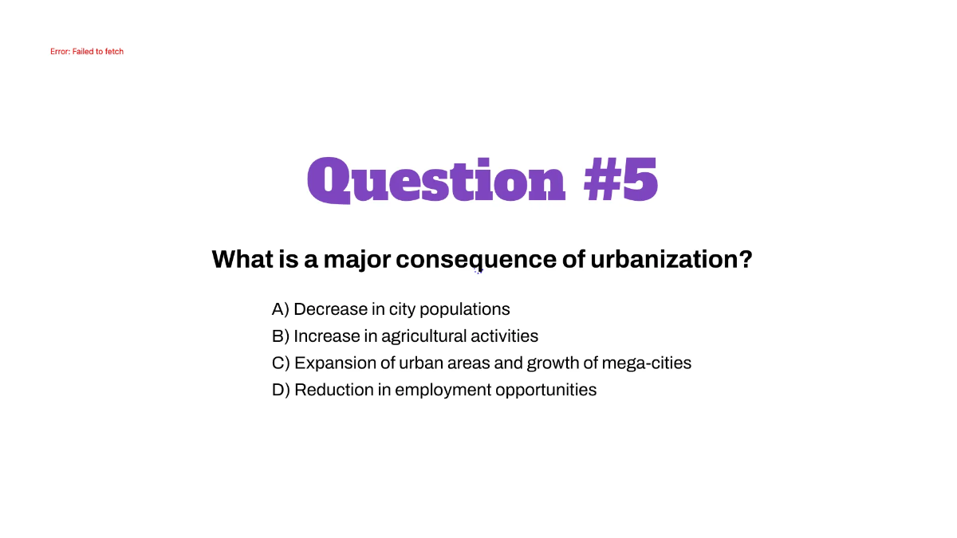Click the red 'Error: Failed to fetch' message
pyautogui.click(x=87, y=51)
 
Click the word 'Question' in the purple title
pyautogui.click(x=436, y=180)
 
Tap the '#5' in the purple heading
pyautogui.click(x=620, y=179)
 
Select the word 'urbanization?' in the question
pyautogui.click(x=671, y=259)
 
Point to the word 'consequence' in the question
pyautogui.click(x=476, y=260)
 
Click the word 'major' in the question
pyautogui.click(x=356, y=260)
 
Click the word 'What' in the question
pyautogui.click(x=242, y=259)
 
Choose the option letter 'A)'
pyautogui.click(x=281, y=309)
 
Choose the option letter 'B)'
pyautogui.click(x=281, y=336)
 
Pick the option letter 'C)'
pyautogui.click(x=281, y=363)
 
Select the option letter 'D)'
pyautogui.click(x=281, y=390)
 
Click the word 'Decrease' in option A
pyautogui.click(x=331, y=309)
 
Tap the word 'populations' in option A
pyautogui.click(x=465, y=310)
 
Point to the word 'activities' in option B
pyautogui.click(x=505, y=336)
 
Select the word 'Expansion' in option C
pyautogui.click(x=336, y=363)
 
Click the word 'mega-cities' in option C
pyautogui.click(x=647, y=363)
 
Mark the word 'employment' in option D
pyautogui.click(x=443, y=391)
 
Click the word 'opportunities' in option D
pyautogui.click(x=546, y=391)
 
